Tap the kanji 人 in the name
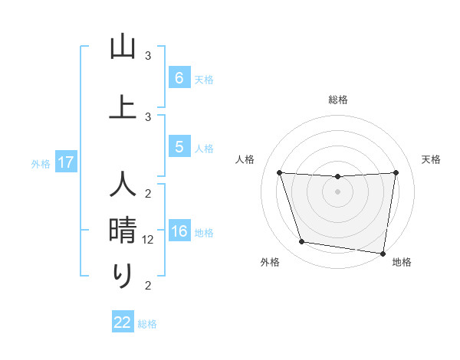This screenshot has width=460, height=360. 123,186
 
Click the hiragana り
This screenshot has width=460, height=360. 123,275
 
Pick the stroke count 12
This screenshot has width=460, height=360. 149,240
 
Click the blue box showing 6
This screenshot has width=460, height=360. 179,77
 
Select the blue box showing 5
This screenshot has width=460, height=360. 179,147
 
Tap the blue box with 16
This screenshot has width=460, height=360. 179,232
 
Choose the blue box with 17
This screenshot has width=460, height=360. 65,162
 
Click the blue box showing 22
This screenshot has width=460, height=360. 123,322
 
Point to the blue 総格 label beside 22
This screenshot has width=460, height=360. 147,324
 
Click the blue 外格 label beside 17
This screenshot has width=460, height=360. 41,163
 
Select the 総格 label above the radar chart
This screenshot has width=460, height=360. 338,100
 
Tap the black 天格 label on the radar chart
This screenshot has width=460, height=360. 431,159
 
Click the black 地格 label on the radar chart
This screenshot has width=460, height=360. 402,262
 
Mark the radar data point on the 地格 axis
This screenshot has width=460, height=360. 383,253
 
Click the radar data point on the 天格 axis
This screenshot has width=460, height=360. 396,172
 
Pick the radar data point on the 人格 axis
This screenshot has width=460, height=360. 279,172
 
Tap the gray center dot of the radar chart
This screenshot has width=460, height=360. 338,191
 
